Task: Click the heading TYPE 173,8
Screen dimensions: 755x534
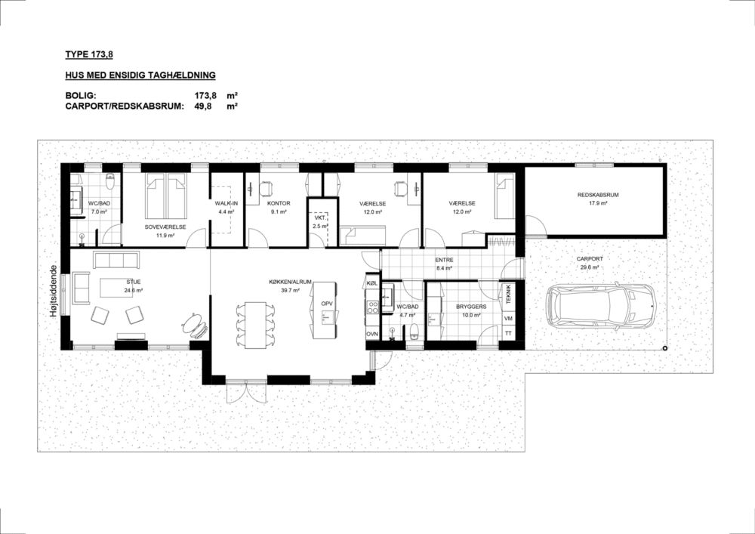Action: [x=89, y=54]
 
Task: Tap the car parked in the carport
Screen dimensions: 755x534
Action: [x=601, y=306]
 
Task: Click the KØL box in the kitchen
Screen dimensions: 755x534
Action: [x=371, y=282]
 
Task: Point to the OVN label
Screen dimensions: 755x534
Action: [x=371, y=334]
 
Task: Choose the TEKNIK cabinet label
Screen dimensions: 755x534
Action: [x=507, y=295]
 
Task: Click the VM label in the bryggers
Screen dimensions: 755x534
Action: [x=508, y=319]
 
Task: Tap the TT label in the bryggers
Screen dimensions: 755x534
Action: [x=508, y=333]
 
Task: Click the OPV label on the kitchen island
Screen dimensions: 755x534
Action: [x=327, y=304]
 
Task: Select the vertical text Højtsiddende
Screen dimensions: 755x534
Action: [x=54, y=292]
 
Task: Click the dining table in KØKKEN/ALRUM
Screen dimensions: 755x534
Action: [x=255, y=325]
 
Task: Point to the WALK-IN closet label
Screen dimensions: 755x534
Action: [x=226, y=203]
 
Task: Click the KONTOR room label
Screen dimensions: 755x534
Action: [x=279, y=203]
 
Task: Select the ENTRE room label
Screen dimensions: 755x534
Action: [x=444, y=260]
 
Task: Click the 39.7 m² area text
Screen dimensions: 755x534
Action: [x=291, y=290]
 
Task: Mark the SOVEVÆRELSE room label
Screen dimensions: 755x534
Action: [x=165, y=227]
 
